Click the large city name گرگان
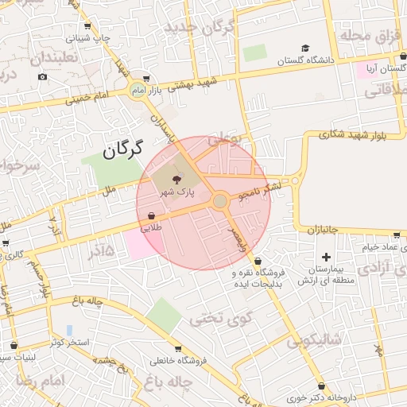pyautogui.click(x=122, y=149)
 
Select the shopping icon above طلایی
pyautogui.click(x=151, y=215)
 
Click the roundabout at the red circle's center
pyautogui.click(x=220, y=202)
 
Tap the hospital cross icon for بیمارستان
pyautogui.click(x=326, y=257)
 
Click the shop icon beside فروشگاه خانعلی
pyautogui.click(x=176, y=349)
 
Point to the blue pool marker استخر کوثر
pyautogui.click(x=69, y=329)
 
